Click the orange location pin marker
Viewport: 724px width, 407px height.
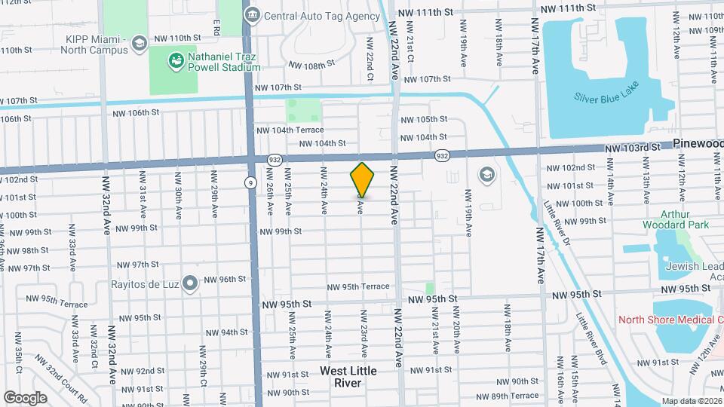pyautogui.click(x=363, y=179)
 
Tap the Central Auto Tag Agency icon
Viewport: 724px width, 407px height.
pyautogui.click(x=253, y=15)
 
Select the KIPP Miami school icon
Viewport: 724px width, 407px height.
pyautogui.click(x=138, y=44)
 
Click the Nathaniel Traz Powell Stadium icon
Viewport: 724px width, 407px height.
pyautogui.click(x=176, y=60)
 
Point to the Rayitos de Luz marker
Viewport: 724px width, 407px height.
pyautogui.click(x=190, y=283)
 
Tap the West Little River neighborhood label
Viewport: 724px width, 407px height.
pyautogui.click(x=348, y=376)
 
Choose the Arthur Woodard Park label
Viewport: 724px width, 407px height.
pyautogui.click(x=676, y=219)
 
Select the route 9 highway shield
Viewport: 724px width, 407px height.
pyautogui.click(x=250, y=182)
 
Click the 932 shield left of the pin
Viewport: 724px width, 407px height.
pyautogui.click(x=274, y=159)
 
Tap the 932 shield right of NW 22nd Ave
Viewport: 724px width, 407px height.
pyautogui.click(x=443, y=155)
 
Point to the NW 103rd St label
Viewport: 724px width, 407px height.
pyautogui.click(x=632, y=149)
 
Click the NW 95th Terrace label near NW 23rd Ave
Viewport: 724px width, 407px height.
pyautogui.click(x=357, y=286)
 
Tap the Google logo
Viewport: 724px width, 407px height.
pyautogui.click(x=25, y=397)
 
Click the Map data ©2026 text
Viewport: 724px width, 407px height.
pyautogui.click(x=691, y=401)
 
